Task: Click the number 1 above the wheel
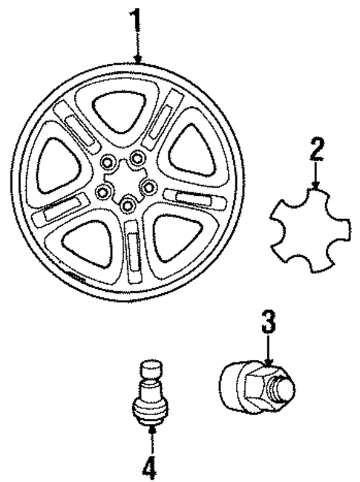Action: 136,23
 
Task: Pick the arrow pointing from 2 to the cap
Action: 316,178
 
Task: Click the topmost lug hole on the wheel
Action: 137,157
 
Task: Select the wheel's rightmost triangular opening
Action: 192,152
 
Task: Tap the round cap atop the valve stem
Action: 149,369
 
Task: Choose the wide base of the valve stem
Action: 149,409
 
